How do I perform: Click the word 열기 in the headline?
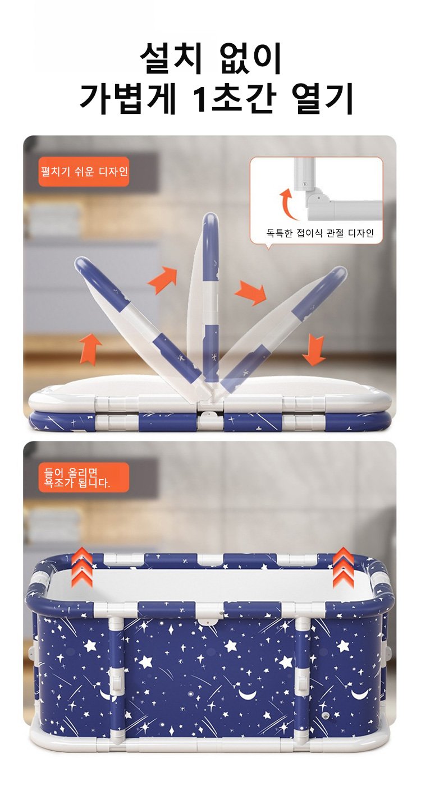[x=323, y=99]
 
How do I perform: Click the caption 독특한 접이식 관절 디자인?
[x=320, y=233]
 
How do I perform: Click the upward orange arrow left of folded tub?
[x=91, y=348]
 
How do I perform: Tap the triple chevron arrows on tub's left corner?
[x=81, y=567]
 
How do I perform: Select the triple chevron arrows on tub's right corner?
[x=343, y=567]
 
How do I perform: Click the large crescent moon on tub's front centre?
[x=248, y=695]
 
